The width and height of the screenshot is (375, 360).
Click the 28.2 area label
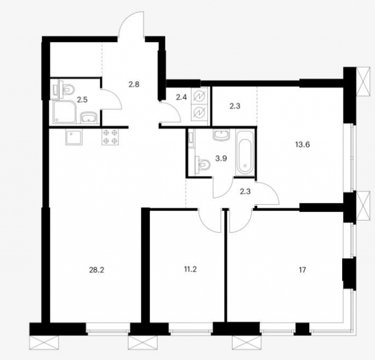point(97,270)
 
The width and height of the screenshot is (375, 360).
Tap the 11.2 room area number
point(190,269)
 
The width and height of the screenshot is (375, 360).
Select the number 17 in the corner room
point(302,270)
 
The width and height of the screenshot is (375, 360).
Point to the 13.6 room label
point(303,145)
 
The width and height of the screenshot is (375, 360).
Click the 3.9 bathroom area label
point(221,159)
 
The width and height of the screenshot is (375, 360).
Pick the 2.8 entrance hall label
point(134,84)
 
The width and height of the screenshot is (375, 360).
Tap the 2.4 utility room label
point(181,98)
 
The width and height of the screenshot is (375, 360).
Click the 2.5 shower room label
point(82,100)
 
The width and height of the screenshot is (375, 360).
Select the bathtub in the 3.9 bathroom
point(244,153)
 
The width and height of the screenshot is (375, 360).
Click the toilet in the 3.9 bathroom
point(203,164)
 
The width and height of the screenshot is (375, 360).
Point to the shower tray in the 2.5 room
point(64,112)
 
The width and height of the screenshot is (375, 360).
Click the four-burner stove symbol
point(110,137)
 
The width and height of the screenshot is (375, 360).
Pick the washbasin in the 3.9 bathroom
point(221,135)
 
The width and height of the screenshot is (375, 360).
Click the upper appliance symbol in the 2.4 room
point(199,96)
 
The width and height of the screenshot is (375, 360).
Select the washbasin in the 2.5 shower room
point(88,118)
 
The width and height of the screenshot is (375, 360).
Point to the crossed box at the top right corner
point(365,81)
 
